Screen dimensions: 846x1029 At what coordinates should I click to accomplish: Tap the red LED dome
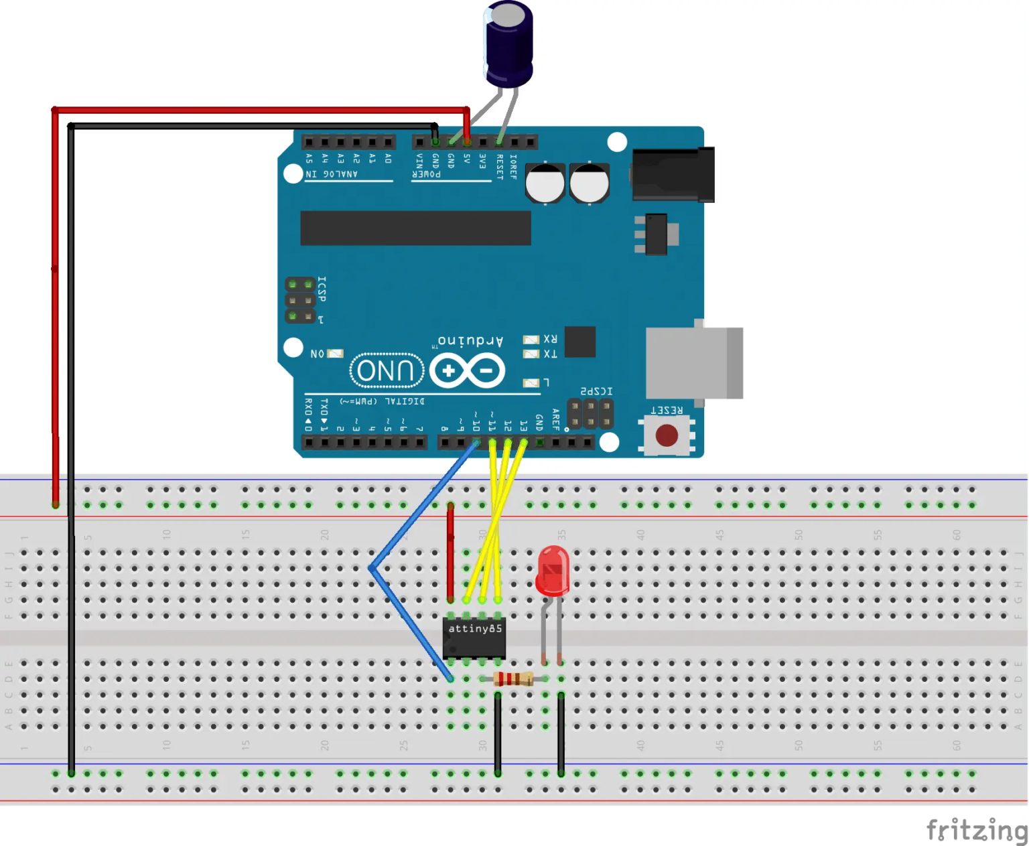coord(553,569)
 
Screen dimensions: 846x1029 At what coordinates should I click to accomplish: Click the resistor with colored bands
coord(513,679)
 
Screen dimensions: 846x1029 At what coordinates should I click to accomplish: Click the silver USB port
coord(693,362)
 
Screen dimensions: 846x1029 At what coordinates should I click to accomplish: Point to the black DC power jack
coord(673,174)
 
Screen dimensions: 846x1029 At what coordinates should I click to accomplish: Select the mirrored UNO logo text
coord(387,370)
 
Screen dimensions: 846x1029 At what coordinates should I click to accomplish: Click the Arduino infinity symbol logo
coord(468,370)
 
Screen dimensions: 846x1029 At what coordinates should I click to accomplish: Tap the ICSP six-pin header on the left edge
coord(300,300)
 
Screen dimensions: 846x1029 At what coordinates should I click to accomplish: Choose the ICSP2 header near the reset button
coord(590,414)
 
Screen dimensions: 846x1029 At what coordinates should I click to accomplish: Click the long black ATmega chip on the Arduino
coord(415,228)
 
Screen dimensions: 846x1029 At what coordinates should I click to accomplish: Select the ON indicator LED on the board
coord(334,353)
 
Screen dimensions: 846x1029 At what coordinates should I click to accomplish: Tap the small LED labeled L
coord(531,382)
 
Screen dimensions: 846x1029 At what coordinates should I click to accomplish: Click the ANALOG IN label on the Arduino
coord(332,174)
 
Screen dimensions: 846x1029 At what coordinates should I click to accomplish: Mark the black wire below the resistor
coord(498,733)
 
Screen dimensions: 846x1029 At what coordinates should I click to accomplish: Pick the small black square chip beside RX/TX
coord(580,342)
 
